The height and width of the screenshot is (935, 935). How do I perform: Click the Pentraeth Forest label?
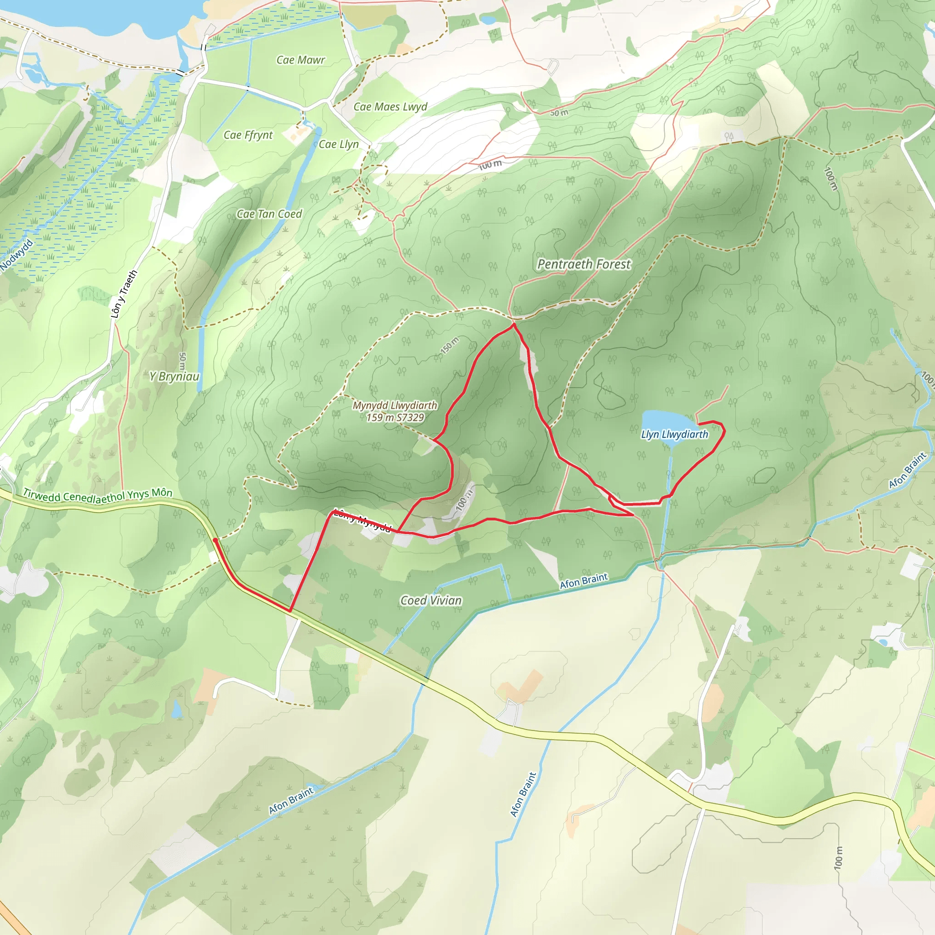[584, 264]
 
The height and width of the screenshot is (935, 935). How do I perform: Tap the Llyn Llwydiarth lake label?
[674, 434]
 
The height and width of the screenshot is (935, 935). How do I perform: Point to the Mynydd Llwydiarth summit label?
[394, 405]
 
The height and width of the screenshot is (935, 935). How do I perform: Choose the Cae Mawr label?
[300, 60]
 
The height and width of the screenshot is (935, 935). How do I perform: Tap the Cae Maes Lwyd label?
[390, 107]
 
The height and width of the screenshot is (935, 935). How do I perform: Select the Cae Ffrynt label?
[248, 135]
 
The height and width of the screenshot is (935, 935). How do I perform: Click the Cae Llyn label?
[338, 144]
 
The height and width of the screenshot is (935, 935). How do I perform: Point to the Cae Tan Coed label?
[269, 214]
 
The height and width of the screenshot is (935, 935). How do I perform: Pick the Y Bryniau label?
[174, 376]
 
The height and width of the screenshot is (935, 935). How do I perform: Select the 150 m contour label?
[450, 345]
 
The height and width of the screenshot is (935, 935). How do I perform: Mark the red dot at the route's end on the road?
[215, 539]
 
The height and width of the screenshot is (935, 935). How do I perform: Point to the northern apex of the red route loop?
[513, 325]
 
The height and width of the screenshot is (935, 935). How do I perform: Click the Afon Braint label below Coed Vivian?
[583, 580]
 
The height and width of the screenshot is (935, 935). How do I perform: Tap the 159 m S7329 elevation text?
[395, 417]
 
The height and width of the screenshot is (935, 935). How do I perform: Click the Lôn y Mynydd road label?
[362, 521]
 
